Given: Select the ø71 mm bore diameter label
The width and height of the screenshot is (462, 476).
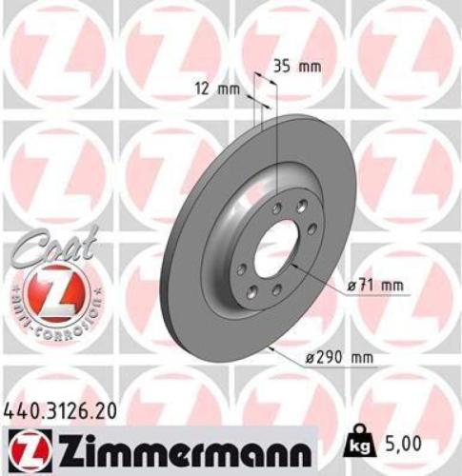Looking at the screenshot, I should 373,284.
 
